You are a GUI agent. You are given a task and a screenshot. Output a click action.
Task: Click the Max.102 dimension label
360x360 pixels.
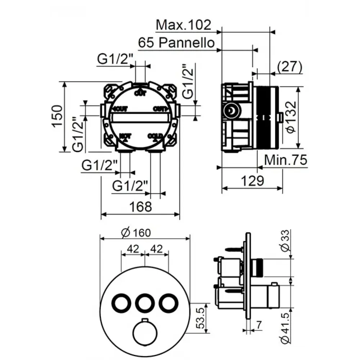(183, 25)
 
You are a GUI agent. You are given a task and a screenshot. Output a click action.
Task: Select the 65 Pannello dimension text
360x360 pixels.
(176, 43)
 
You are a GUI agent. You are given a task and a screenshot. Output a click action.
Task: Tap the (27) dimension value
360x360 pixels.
(289, 66)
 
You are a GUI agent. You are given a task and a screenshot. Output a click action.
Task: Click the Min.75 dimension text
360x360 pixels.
(286, 160)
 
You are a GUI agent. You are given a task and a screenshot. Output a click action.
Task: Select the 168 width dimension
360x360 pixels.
(140, 207)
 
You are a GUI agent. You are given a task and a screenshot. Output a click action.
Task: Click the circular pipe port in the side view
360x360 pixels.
(230, 110)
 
